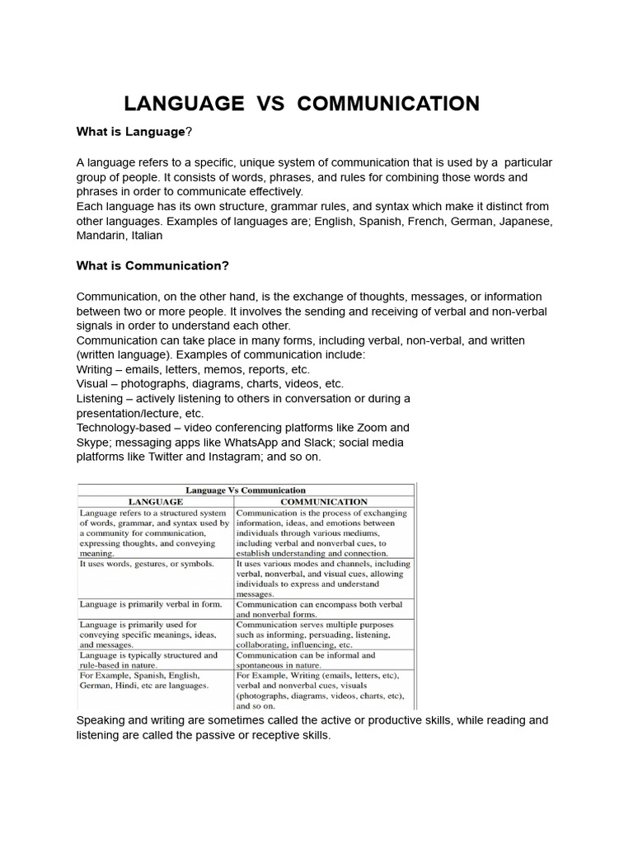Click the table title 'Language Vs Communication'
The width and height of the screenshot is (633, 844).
click(246, 490)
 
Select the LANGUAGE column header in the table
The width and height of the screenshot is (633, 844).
click(155, 501)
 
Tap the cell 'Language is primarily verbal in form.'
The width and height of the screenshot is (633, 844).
click(151, 604)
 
